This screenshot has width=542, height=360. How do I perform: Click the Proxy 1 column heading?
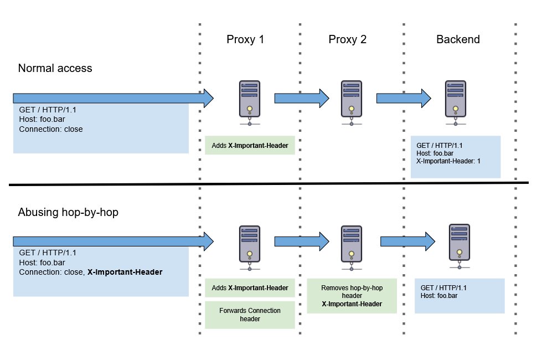tap(245, 39)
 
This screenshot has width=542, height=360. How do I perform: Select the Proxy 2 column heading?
tap(347, 39)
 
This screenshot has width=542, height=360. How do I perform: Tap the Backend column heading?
tap(458, 39)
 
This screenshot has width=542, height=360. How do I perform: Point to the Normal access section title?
tap(55, 68)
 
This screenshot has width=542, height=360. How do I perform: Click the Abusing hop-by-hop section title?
tap(68, 212)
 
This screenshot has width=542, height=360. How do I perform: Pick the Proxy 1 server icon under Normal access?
tap(250, 102)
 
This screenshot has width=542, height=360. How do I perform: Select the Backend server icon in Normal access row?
tap(456, 102)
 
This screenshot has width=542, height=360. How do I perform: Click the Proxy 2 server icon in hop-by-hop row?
tap(352, 248)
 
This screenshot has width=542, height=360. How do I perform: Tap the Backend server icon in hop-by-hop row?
tap(460, 246)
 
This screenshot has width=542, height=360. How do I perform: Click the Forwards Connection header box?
tap(250, 315)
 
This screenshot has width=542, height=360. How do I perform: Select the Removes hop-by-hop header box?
tap(352, 296)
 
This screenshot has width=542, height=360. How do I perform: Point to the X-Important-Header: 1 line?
tap(448, 161)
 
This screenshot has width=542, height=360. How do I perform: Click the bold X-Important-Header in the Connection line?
tap(125, 272)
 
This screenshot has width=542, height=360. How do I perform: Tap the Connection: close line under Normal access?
tap(51, 130)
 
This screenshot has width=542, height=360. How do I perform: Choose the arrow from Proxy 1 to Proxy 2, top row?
tap(302, 98)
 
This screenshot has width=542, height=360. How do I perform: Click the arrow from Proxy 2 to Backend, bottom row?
tap(407, 241)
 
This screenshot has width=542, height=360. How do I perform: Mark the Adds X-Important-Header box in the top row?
tap(250, 145)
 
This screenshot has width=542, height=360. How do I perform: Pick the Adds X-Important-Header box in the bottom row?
tap(250, 288)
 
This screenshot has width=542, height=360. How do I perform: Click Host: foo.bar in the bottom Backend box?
tap(439, 296)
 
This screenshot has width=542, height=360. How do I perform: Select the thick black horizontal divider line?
tap(269, 184)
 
